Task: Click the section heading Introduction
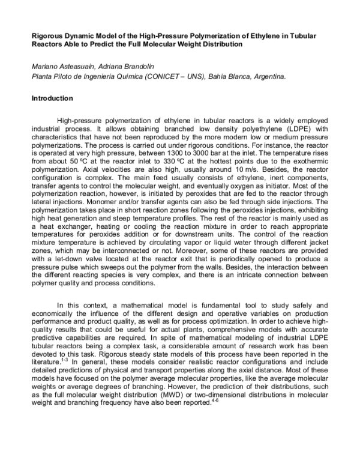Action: pyautogui.click(x=52, y=98)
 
